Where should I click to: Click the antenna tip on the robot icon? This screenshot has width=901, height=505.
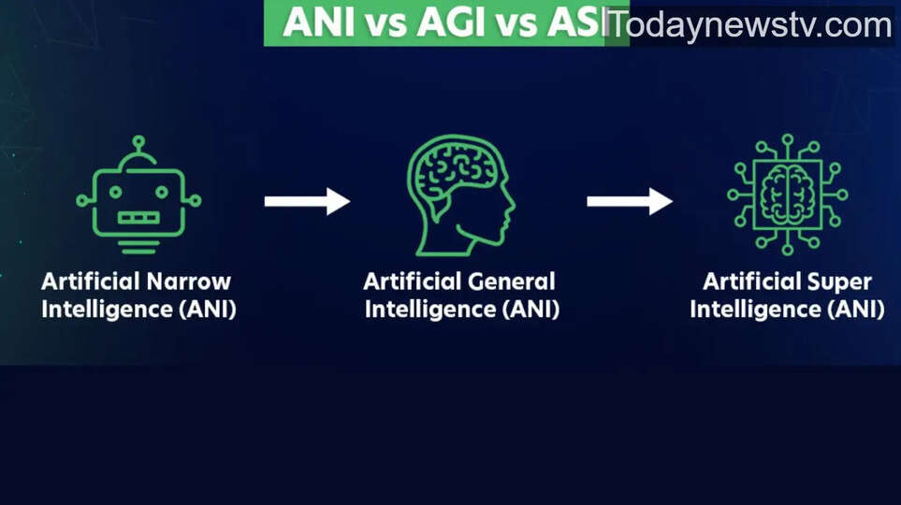point(138,141)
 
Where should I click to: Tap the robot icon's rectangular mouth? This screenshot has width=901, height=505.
point(138,218)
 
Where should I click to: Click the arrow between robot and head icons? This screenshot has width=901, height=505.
point(306,201)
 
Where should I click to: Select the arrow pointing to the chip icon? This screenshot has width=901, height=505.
point(629,201)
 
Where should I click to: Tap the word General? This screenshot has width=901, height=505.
point(513,281)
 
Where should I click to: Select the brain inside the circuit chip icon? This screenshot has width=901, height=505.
point(787,195)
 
